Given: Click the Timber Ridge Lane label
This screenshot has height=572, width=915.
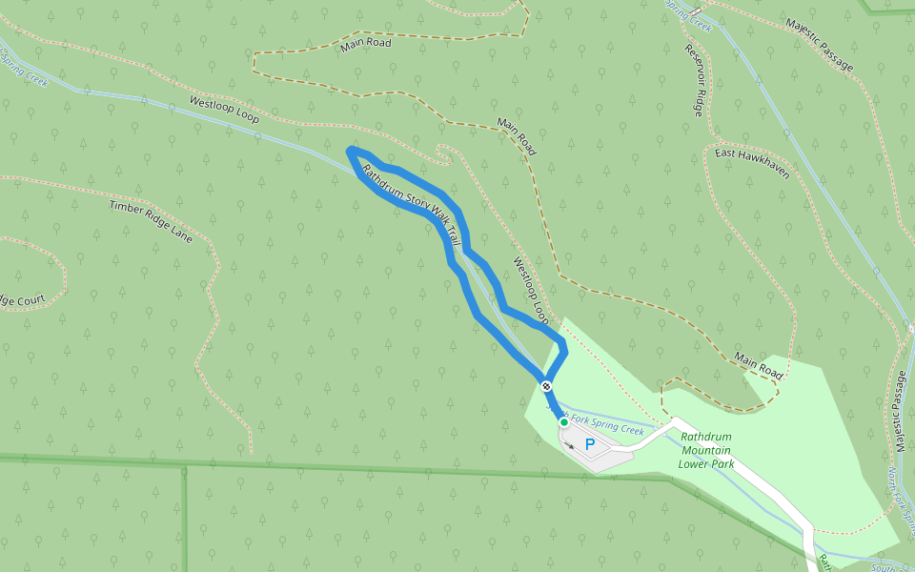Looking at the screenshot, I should pos(151,221).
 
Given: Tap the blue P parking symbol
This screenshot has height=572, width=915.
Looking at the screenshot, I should pos(589,444).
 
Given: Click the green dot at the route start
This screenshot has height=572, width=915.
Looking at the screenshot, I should pos(564,421).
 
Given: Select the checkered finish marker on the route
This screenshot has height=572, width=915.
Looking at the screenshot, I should pos(545,386).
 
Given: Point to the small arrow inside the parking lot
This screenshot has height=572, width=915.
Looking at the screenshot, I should pos(569,443).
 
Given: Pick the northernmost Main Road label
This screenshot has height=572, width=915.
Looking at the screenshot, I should pos(366,44).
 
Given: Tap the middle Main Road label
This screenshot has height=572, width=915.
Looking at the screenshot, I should pos(516,137).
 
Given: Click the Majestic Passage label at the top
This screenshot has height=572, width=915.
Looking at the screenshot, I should pos(819,44).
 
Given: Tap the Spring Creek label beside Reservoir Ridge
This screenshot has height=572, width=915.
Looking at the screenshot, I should pos(696,16).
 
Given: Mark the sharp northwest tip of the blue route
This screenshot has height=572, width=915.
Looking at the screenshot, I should pos(351,151).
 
